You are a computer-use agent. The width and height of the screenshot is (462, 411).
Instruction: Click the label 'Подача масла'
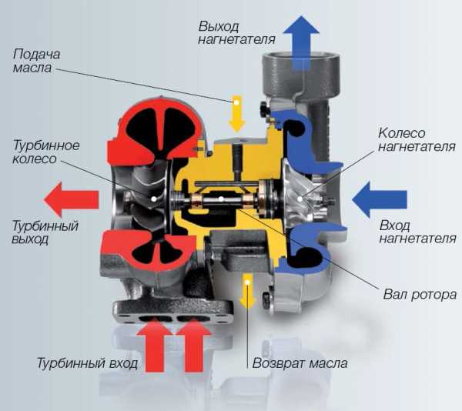[x=36, y=61]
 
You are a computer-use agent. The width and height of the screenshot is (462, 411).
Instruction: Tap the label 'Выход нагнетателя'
[x=237, y=32]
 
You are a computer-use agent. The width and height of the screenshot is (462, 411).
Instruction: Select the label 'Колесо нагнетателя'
[x=417, y=140]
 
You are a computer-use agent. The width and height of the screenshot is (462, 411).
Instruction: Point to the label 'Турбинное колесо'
[x=46, y=152]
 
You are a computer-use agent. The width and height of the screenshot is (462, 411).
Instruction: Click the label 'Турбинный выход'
[x=45, y=232]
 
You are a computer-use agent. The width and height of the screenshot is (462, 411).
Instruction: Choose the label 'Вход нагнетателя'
[x=418, y=232]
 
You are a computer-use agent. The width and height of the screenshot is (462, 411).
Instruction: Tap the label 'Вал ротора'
[x=420, y=294]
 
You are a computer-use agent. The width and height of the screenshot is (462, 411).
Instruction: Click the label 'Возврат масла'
[x=300, y=363]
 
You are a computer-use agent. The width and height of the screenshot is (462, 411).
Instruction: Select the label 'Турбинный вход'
[x=87, y=363]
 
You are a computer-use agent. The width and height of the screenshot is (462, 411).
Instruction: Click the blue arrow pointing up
[x=301, y=42]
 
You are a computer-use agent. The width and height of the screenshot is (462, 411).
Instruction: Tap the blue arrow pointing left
[x=380, y=199]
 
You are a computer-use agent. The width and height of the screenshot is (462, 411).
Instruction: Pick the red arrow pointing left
[x=71, y=199]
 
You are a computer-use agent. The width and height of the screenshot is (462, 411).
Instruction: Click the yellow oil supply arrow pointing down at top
[x=237, y=114]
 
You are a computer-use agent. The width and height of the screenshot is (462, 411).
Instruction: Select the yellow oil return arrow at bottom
[x=247, y=291]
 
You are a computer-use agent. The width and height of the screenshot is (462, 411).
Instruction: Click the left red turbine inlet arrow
[x=154, y=346]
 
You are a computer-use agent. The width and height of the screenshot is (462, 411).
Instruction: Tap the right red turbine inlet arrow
[x=193, y=346]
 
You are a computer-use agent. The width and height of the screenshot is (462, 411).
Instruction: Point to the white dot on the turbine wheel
[x=154, y=199]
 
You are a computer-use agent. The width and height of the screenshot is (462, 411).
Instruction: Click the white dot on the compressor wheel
[x=300, y=199]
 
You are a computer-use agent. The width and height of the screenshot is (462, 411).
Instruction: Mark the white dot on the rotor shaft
[x=221, y=199]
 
